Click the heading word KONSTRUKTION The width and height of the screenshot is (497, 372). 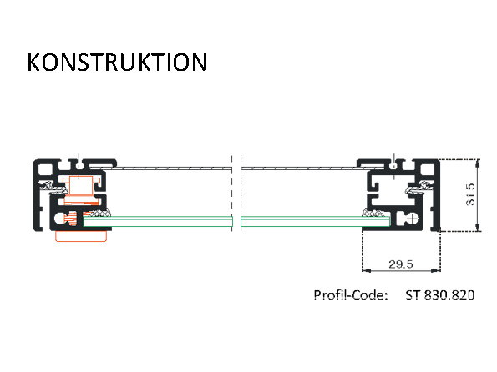[x=117, y=62]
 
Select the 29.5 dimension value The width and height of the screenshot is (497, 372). [x=401, y=264]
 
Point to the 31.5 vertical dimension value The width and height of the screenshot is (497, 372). [x=471, y=194]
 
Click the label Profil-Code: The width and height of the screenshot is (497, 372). [x=351, y=295]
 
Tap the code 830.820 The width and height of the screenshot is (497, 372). [x=449, y=295]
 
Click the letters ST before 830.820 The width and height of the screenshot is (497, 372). [x=413, y=295]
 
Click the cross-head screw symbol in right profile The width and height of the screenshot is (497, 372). [x=412, y=219]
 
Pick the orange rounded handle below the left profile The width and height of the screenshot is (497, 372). [x=81, y=236]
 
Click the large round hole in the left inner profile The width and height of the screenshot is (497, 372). [x=59, y=219]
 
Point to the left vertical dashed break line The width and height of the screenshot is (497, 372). [x=232, y=193]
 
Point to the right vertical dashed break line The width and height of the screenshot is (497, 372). [x=241, y=193]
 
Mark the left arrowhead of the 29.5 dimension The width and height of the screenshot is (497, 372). [x=366, y=270]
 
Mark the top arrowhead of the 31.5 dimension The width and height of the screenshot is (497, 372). [x=478, y=163]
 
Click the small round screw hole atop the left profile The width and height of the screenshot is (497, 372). [x=79, y=166]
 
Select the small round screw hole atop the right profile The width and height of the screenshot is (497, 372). [x=393, y=166]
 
